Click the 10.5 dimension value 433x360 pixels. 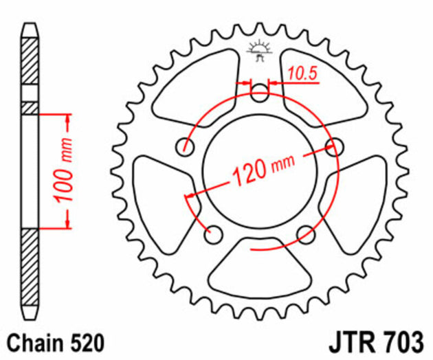(x=302, y=73)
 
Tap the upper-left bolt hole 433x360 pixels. (x=185, y=146)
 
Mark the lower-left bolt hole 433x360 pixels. (x=214, y=234)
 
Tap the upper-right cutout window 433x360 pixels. (x=323, y=82)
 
